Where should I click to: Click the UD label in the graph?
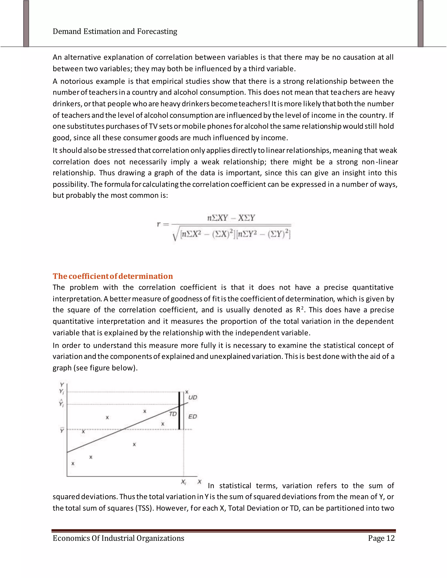[193, 397]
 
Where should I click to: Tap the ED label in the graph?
[193, 417]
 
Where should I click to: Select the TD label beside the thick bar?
[173, 414]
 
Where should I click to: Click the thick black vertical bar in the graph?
[179, 410]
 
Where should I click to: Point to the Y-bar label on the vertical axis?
[62, 431]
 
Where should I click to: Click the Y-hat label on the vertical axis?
[61, 403]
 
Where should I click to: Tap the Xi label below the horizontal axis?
[184, 482]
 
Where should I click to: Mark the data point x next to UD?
[187, 392]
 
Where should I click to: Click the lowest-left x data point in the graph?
[73, 464]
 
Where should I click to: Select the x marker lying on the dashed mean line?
[83, 432]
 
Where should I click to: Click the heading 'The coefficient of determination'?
[113, 276]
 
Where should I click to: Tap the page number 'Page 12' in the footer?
[381, 538]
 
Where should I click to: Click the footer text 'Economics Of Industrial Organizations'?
[118, 538]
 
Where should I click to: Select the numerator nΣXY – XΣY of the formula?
[231, 218]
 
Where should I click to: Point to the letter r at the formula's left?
[159, 224]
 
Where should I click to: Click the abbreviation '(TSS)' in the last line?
[144, 508]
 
